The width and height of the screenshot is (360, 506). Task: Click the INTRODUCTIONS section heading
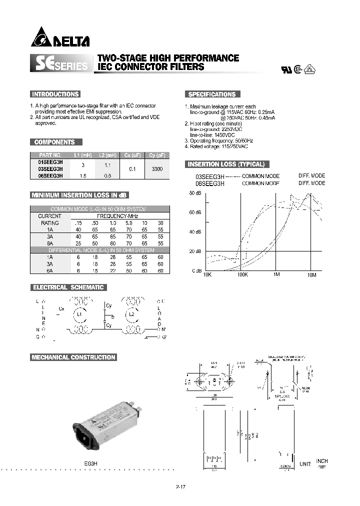55,94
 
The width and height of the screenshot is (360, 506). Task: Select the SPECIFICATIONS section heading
211,94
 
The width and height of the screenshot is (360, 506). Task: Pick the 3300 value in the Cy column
156,169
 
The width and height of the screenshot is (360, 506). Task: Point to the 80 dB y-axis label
195,193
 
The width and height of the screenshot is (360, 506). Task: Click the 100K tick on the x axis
242,275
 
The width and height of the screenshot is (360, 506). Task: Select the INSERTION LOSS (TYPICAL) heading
225,164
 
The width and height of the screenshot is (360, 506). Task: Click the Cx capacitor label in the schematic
61,308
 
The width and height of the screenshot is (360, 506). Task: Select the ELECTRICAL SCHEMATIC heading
68,287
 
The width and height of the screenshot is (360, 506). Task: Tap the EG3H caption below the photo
90,463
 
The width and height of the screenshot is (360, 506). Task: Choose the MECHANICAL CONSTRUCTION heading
73,357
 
